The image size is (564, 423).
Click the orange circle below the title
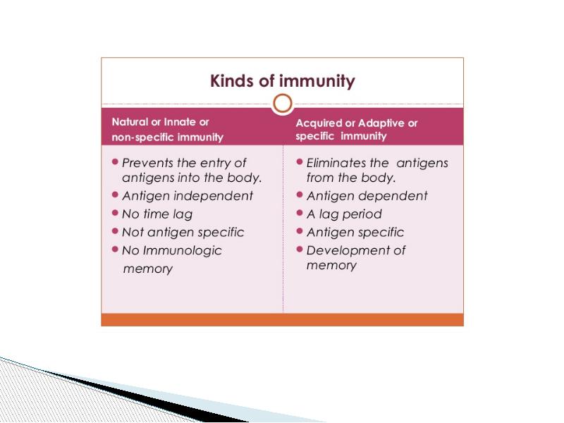[283, 104]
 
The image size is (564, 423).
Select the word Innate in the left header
[179, 122]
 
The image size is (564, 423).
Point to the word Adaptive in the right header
[381, 123]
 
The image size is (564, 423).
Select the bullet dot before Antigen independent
[115, 195]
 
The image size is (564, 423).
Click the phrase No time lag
[157, 214]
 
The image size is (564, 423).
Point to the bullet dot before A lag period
[299, 213]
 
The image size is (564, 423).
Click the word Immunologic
[183, 251]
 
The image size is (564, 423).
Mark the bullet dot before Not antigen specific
[115, 231]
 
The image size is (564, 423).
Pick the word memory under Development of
[331, 266]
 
